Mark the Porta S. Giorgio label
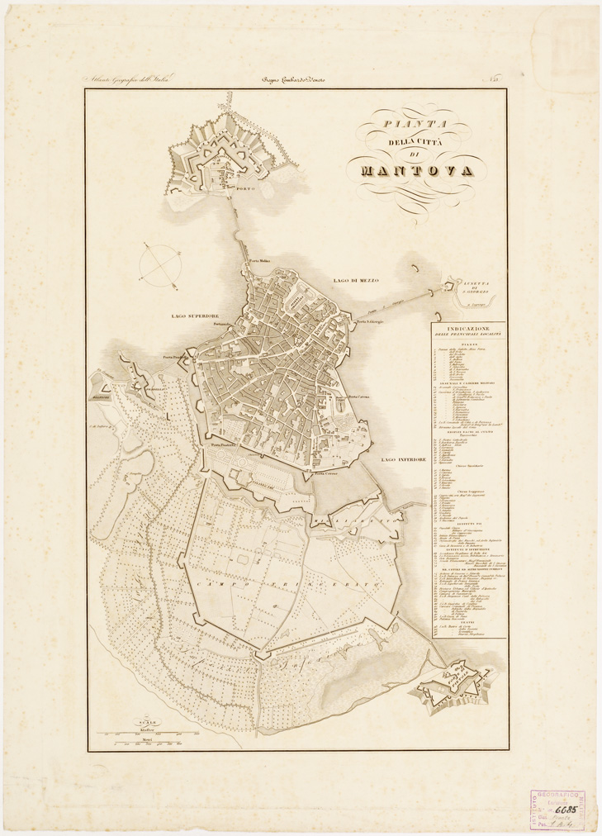(371, 321)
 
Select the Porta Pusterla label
(224, 446)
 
